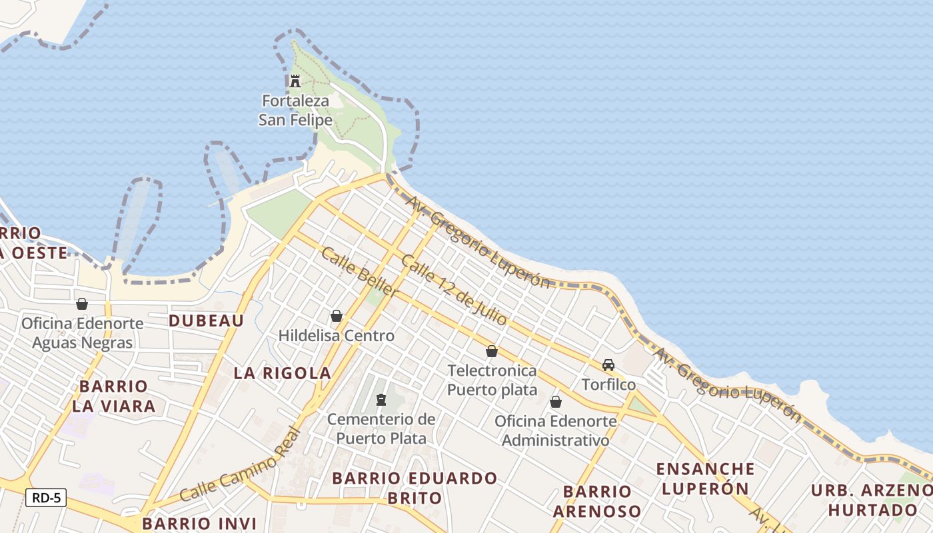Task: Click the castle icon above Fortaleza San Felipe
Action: tap(295, 81)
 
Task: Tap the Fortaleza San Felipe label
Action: tap(295, 111)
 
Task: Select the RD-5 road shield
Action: tap(46, 497)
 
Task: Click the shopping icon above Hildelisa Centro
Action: tap(337, 316)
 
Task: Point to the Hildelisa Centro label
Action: tap(337, 336)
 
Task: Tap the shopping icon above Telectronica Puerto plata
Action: tap(492, 351)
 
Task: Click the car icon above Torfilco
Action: tap(608, 365)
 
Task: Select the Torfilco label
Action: tap(608, 384)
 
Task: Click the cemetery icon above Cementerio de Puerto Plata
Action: tap(381, 400)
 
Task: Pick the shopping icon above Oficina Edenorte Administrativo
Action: tap(555, 402)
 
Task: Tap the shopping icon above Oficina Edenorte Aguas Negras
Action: tap(82, 304)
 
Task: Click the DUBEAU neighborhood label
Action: tap(206, 320)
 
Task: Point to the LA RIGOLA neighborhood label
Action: tap(283, 373)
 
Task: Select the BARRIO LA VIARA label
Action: tap(113, 396)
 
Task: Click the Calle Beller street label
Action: tap(359, 272)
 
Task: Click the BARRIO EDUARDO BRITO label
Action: tap(415, 488)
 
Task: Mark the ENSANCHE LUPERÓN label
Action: tap(705, 478)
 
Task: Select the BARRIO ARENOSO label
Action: tap(597, 501)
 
